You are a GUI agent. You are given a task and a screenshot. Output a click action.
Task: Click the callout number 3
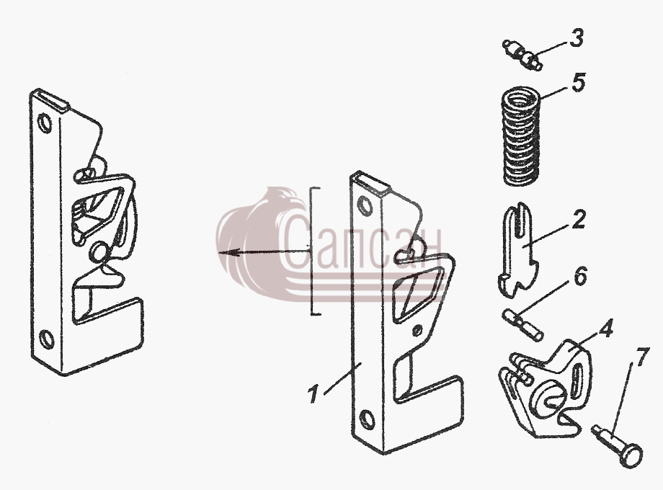coord(576,37)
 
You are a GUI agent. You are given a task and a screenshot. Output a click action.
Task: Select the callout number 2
coord(578,220)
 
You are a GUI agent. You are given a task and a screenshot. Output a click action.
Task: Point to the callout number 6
coord(580,276)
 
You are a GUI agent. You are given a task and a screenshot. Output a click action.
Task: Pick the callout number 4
coord(605,328)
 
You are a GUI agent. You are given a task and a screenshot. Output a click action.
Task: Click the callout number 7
coord(641,357)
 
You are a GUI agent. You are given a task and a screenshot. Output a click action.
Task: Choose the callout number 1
coord(313,393)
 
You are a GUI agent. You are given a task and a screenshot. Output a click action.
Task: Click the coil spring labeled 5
coord(521,135)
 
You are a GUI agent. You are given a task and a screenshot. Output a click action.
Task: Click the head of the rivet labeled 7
coord(632,457)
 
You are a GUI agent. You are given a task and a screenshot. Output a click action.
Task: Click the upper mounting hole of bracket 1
coord(365,206)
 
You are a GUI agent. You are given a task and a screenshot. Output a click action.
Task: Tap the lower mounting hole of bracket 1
coord(367,420)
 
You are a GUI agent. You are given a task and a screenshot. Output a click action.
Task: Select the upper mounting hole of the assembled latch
coord(45,123)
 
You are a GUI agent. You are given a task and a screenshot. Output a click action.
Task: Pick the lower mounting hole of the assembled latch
coord(47,339)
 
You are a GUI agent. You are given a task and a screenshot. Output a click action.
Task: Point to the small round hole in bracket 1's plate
coord(417,331)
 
